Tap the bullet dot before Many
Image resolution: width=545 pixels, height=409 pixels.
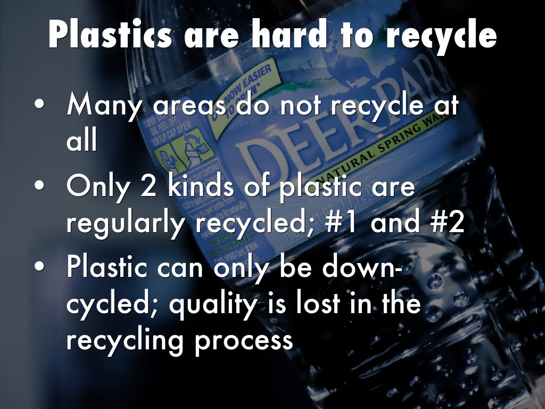point(39,105)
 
